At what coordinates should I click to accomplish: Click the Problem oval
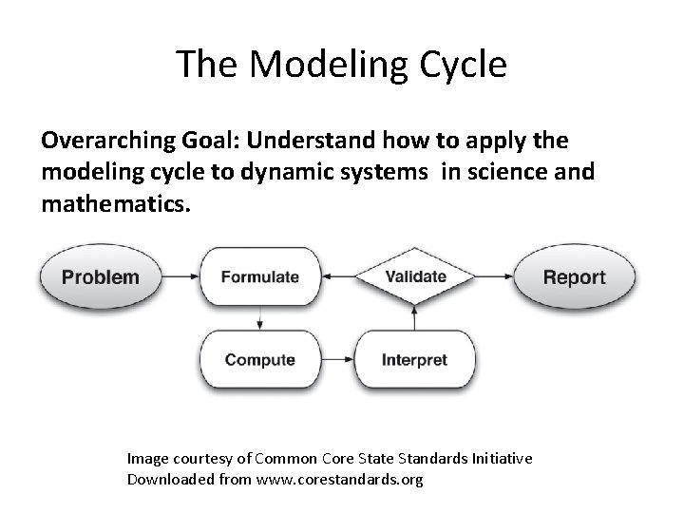101,277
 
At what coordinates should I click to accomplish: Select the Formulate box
259,277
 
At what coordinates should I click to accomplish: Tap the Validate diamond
415,277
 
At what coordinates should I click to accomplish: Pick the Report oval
574,277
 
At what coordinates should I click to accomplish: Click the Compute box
259,360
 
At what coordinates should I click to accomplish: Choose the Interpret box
414,360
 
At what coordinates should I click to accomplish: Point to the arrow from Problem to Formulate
180,277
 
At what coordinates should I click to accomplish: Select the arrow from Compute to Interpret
336,360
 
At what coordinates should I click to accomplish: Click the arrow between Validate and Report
493,277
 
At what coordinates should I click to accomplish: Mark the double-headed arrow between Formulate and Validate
336,277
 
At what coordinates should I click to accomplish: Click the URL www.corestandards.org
334,479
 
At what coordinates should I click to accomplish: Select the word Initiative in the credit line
500,459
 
